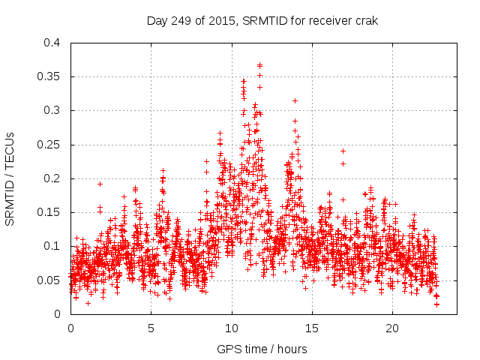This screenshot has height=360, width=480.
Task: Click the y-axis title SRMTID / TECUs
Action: point(10,178)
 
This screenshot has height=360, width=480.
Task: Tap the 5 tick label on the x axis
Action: point(151,328)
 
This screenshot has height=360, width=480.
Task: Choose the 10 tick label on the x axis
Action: point(232,328)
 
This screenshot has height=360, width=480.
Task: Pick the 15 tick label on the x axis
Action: point(312,328)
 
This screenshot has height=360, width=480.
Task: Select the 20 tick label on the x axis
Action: point(392,328)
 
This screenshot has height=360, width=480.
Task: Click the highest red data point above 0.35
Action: point(260,65)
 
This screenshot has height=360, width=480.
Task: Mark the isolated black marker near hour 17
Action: point(343,151)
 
